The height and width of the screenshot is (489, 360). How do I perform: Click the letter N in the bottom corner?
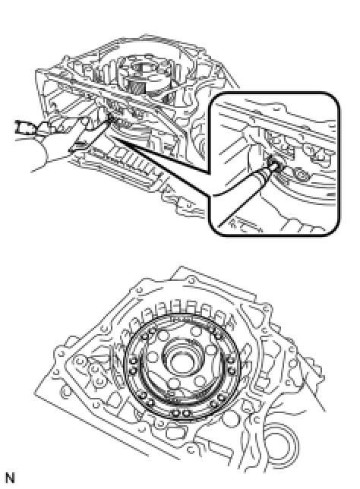tap(11, 478)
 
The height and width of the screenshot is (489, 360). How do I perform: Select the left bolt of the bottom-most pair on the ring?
tap(175, 413)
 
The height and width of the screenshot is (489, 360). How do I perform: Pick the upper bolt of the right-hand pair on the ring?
tap(231, 361)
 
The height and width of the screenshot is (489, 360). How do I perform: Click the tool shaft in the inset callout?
tap(246, 194)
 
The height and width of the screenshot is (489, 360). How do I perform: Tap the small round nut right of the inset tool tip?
tap(302, 173)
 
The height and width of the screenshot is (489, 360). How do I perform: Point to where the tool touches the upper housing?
tap(110, 118)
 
